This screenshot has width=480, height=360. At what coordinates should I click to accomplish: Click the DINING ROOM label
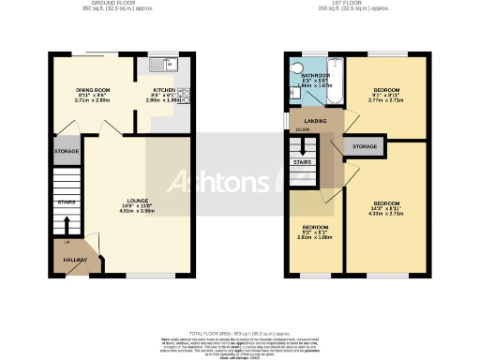point(94,89)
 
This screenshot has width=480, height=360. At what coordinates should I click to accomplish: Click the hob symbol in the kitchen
point(186,93)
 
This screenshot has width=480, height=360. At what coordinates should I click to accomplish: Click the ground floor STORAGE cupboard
point(67,150)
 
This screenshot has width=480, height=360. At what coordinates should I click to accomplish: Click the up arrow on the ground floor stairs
point(67,225)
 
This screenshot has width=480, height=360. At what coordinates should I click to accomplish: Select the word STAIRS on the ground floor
point(67,202)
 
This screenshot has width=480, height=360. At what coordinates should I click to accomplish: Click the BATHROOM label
point(314,76)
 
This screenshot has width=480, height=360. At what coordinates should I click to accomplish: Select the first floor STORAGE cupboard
point(365,147)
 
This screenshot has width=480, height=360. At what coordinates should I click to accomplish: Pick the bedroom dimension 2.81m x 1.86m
point(314,238)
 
